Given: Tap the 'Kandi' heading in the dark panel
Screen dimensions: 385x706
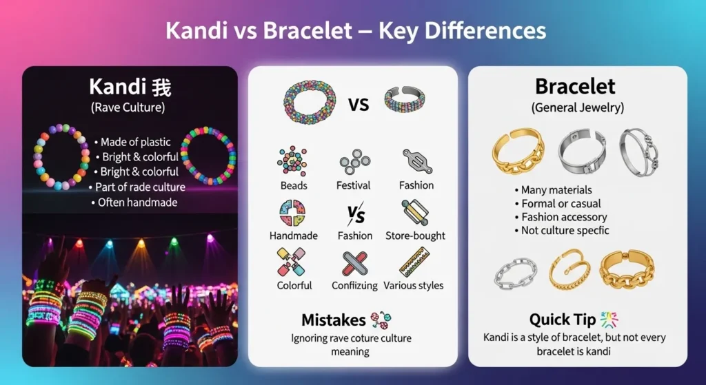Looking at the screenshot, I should [119, 87].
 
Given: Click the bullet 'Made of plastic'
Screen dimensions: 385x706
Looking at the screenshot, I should [135, 142].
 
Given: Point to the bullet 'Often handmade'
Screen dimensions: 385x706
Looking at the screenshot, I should [137, 202].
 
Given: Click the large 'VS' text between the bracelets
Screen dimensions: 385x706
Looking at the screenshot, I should [359, 105].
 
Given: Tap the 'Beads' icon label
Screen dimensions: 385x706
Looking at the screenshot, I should [293, 185].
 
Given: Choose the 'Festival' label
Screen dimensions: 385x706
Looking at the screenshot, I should [354, 185].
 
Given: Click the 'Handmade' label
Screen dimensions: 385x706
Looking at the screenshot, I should [294, 236].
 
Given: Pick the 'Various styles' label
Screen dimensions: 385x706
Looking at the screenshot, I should [414, 285].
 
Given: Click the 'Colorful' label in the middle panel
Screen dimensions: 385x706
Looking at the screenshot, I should [294, 285].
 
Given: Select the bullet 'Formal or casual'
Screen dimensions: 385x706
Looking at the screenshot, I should [561, 203].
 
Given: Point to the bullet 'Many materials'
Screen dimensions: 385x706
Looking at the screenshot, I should [556, 189].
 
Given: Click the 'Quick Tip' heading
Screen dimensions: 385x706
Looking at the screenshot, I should [563, 320].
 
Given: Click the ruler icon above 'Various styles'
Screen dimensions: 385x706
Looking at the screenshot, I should [415, 262].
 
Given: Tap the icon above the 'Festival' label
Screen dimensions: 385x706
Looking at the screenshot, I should [354, 162].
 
